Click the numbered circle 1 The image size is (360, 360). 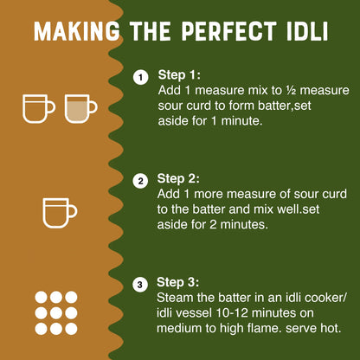pos(139,79)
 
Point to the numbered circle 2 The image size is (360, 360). pos(139,182)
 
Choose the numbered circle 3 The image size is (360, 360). pos(139,284)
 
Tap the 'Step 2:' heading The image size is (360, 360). pos(181,180)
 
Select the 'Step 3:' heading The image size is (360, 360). pos(181,282)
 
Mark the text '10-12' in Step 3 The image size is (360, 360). pos(275,313)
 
